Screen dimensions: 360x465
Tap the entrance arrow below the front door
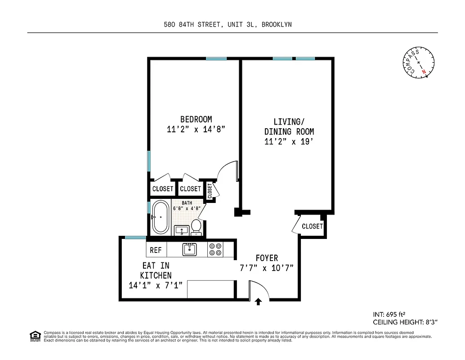[259, 301]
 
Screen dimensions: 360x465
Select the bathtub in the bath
[160, 217]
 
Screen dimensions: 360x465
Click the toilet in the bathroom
[196, 227]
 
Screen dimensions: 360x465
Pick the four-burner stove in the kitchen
[215, 249]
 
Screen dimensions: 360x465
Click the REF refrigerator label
[156, 250]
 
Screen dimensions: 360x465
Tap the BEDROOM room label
[196, 119]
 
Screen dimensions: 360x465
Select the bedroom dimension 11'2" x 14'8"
[196, 129]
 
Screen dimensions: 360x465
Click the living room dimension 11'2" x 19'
[289, 142]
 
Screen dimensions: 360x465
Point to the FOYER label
[267, 258]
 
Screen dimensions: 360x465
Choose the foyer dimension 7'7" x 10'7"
[267, 268]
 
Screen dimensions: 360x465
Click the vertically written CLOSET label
[210, 190]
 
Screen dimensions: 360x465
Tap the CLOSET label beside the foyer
[312, 226]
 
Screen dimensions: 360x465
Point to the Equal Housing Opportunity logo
[35, 336]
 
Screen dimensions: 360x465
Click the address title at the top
[228, 25]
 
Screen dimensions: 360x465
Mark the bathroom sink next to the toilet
[182, 230]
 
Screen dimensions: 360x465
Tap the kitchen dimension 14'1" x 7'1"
[156, 285]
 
